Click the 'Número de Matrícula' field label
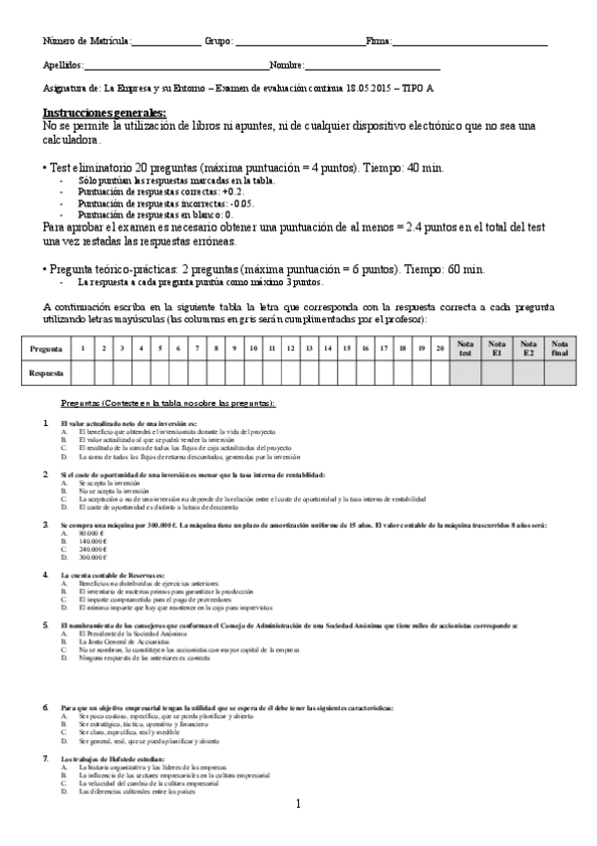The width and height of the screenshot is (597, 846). (x=87, y=42)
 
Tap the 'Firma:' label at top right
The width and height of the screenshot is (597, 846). (x=379, y=42)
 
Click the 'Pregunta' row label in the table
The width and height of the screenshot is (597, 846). (x=47, y=348)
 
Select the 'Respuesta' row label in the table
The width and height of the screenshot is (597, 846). (x=47, y=372)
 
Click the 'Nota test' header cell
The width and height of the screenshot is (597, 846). (x=464, y=348)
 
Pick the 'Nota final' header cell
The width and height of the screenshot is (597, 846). (x=561, y=348)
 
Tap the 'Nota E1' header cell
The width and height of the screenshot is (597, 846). (x=497, y=348)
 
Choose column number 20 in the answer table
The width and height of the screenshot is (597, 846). (x=440, y=348)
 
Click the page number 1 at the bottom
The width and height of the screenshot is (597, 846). (x=298, y=804)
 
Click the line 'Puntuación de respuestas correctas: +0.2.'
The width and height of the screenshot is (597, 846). (x=159, y=191)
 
